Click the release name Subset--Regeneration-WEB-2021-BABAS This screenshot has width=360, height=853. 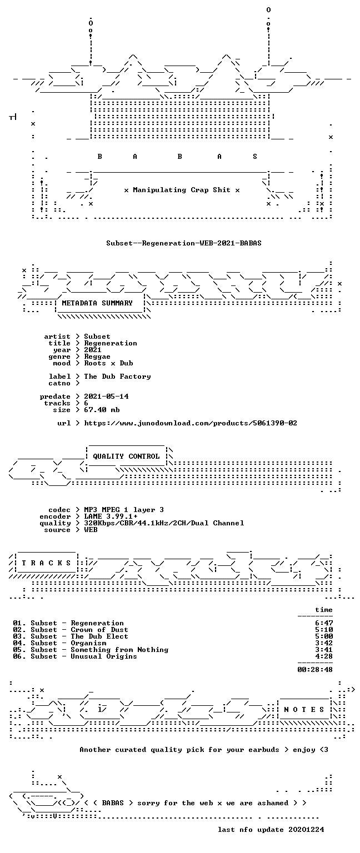(x=184, y=243)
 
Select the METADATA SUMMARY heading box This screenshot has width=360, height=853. (x=100, y=303)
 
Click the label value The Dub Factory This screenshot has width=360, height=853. (x=117, y=376)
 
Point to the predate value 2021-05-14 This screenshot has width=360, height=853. (x=106, y=397)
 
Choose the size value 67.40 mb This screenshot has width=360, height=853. (x=102, y=410)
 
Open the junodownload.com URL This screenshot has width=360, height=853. (x=191, y=423)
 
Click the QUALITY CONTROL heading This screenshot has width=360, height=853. (x=126, y=456)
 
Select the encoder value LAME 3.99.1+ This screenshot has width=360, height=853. (x=111, y=516)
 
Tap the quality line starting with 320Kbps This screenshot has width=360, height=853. (x=164, y=523)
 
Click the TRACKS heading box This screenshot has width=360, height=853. (x=46, y=563)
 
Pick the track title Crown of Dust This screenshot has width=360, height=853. (x=99, y=630)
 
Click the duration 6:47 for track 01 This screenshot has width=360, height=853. (x=324, y=624)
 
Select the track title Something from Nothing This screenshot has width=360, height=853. (x=119, y=650)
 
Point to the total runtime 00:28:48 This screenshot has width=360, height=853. (x=315, y=669)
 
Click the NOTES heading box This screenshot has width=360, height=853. (x=304, y=709)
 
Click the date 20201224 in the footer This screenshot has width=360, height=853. (x=306, y=829)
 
